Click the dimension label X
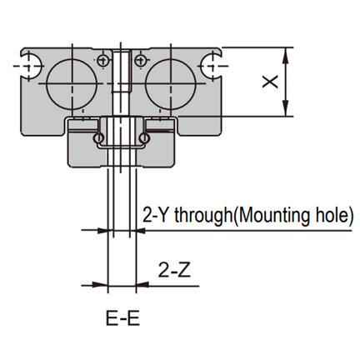[x=270, y=82]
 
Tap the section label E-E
[x=122, y=318]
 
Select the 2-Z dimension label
[x=174, y=270]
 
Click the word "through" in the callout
[x=203, y=215]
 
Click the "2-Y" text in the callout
[x=156, y=215]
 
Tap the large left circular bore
[x=72, y=83]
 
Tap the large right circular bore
[x=170, y=83]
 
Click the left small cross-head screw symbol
[x=102, y=60]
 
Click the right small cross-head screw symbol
[x=140, y=60]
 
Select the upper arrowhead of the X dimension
[x=286, y=56]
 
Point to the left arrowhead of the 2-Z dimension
[x=100, y=284]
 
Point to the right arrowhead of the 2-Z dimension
[x=143, y=284]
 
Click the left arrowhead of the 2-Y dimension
[x=105, y=230]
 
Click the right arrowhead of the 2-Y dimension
[x=137, y=230]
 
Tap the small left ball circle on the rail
[x=98, y=137]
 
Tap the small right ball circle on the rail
[x=144, y=137]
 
